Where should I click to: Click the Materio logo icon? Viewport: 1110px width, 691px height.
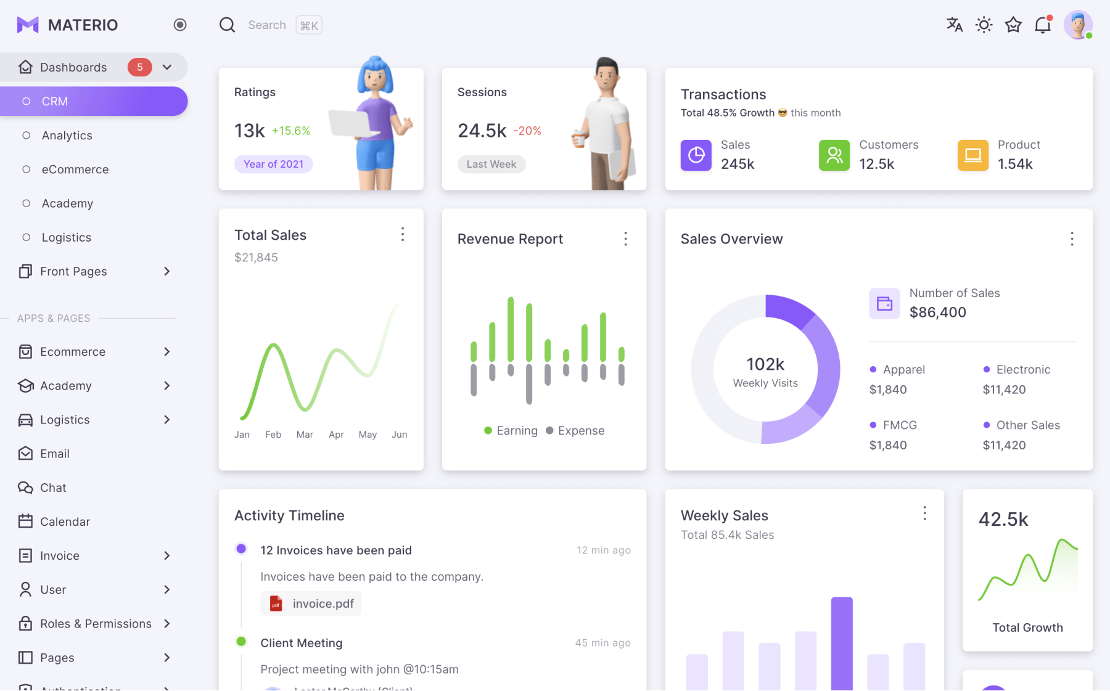pos(28,25)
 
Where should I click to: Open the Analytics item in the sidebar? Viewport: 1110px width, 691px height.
pos(67,136)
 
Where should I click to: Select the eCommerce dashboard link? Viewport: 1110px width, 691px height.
pos(75,170)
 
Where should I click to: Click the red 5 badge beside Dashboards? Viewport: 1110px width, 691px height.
pos(139,67)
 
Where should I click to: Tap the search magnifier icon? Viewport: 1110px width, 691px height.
pos(228,25)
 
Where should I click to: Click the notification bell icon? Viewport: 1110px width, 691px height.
pos(1043,25)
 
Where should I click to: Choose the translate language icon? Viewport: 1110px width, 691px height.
pos(954,25)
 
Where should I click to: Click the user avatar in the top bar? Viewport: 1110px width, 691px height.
pos(1077,25)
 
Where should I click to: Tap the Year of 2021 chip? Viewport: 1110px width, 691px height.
pos(273,164)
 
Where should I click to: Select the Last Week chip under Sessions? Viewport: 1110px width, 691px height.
pos(491,164)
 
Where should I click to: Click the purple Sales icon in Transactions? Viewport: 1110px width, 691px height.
pos(696,155)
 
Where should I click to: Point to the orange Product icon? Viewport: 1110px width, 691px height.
pos(972,155)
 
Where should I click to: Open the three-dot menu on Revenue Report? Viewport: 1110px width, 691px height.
pos(625,239)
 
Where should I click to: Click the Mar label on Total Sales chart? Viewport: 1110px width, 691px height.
pos(305,435)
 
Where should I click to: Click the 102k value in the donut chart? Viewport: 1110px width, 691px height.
pos(765,364)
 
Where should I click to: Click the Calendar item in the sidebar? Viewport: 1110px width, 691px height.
pos(65,521)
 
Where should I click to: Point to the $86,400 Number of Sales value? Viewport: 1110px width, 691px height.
pos(937,313)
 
